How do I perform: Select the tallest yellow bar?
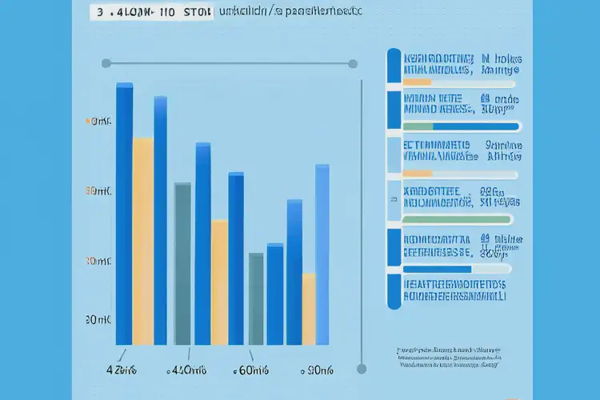coord(142,241)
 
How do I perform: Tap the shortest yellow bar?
coord(308,309)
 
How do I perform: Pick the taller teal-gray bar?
coord(182,264)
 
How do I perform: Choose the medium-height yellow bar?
coord(219,282)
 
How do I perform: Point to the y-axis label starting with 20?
coord(97,319)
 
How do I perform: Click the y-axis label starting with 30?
coord(97,262)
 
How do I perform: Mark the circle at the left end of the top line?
coord(106,63)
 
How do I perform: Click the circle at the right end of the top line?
coord(352,63)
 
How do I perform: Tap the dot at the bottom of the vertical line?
coord(362,369)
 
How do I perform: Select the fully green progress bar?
coord(458,219)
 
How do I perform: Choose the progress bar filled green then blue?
coord(462,126)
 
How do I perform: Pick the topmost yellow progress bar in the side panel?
coord(418,81)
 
